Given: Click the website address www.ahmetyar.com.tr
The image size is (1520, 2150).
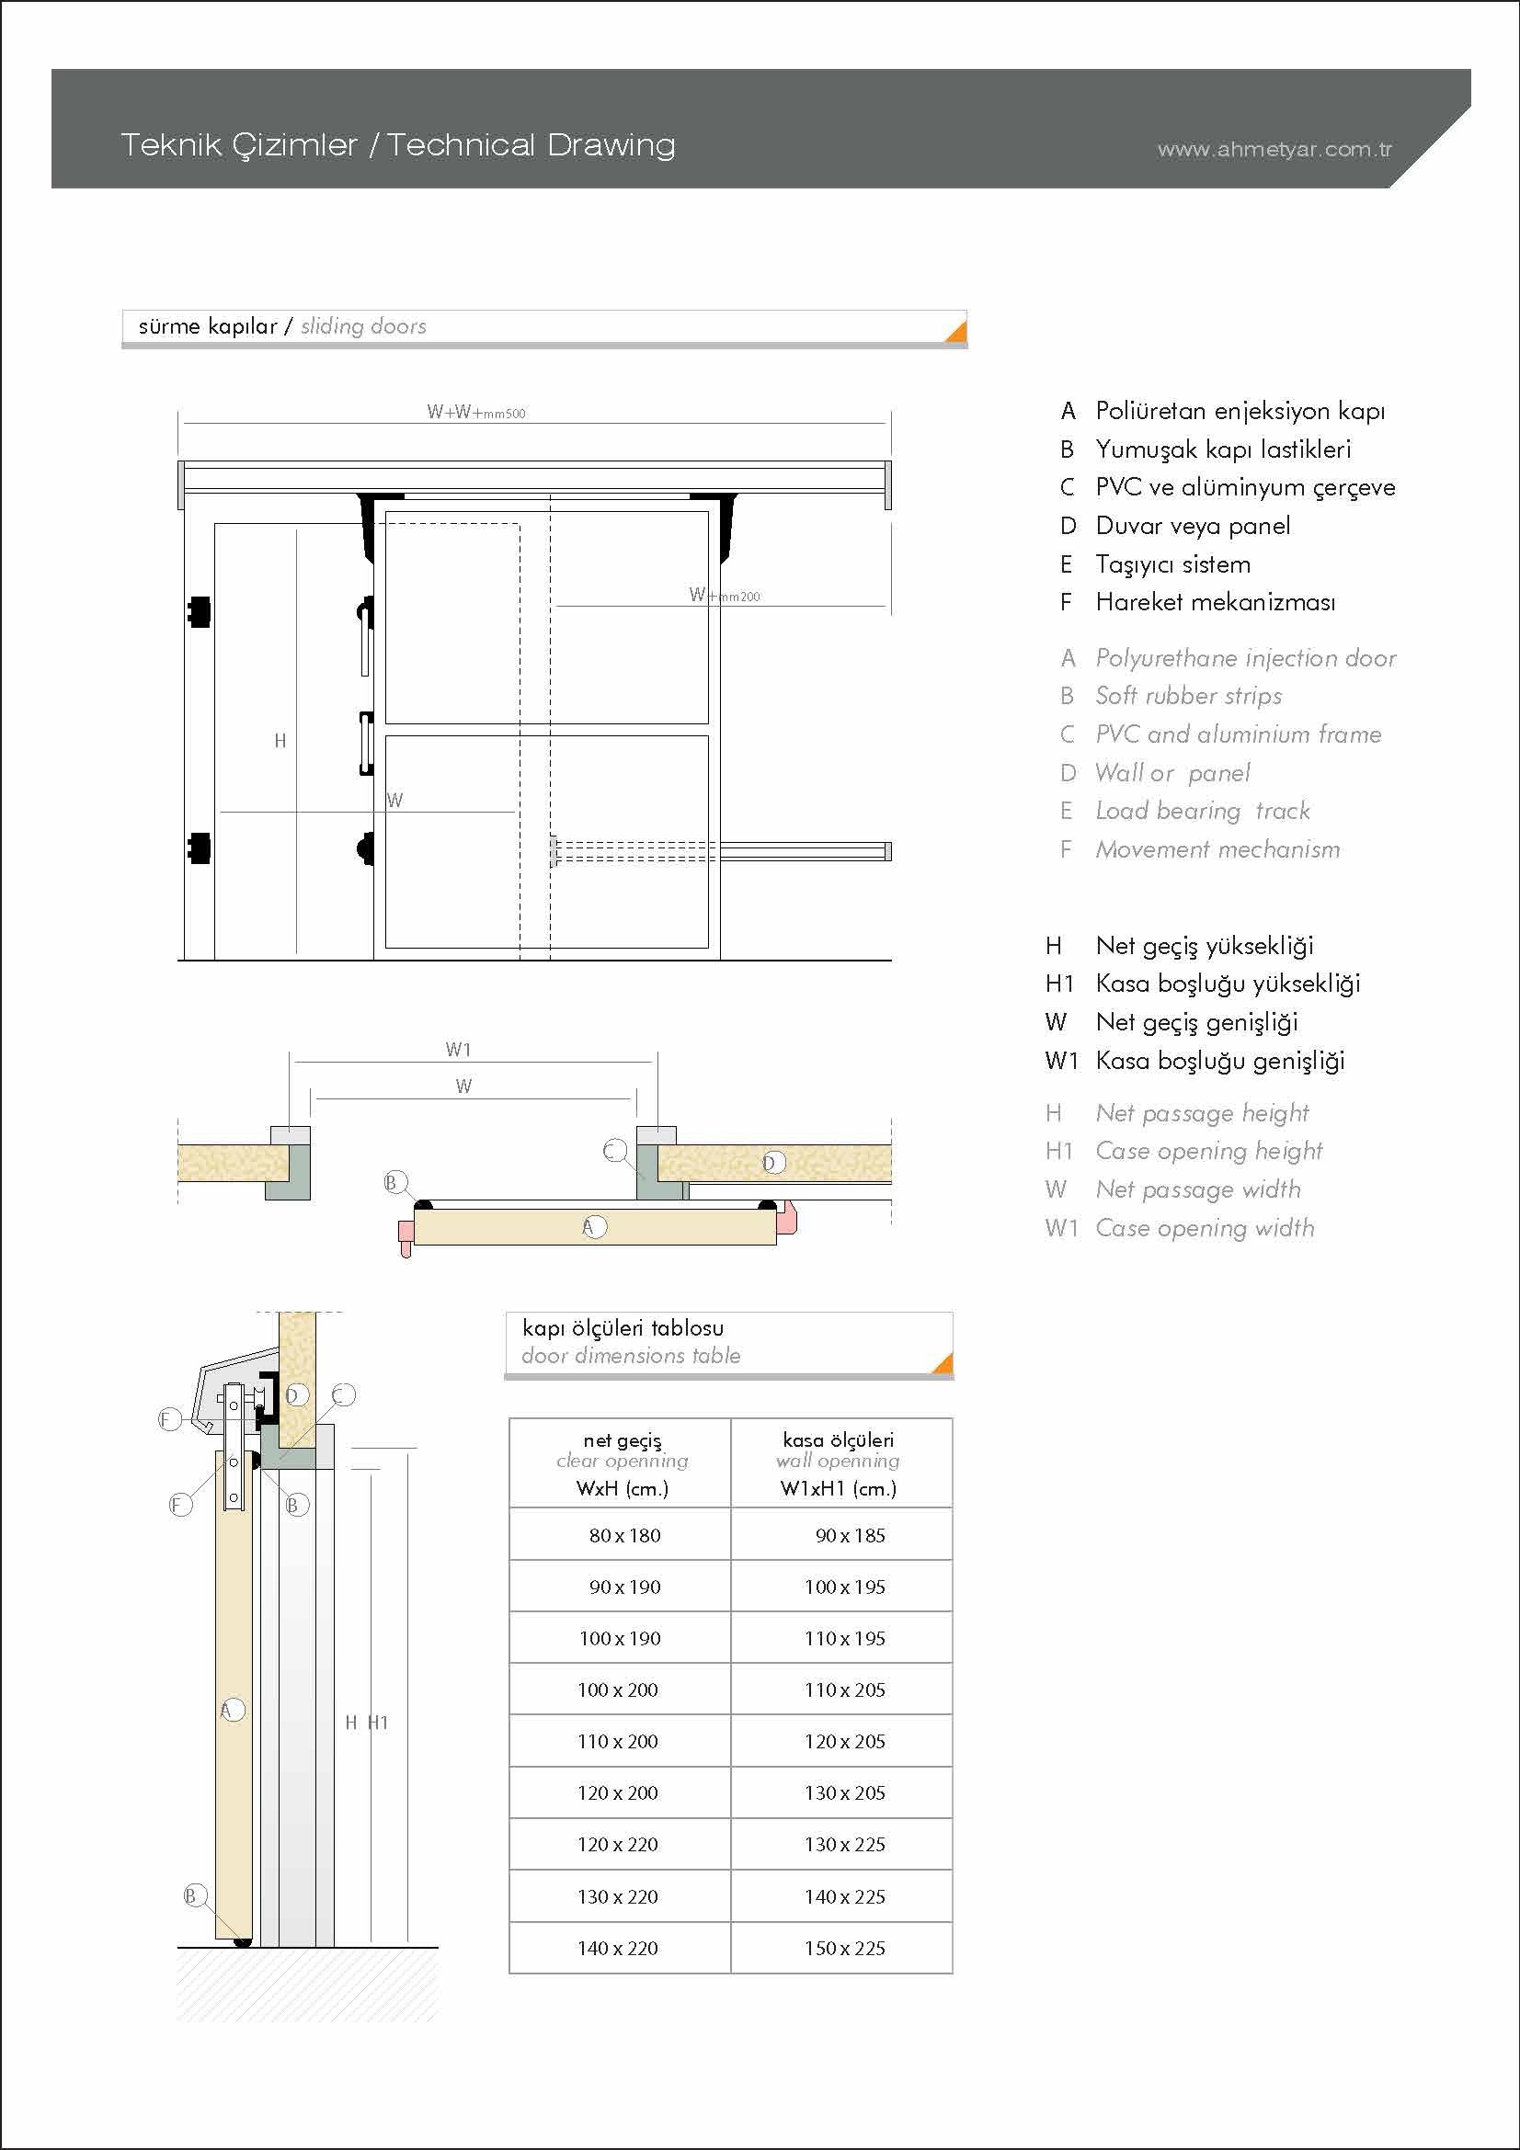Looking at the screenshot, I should click(x=1274, y=150).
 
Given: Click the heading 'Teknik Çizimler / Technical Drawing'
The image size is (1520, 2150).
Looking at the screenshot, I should click(x=398, y=145).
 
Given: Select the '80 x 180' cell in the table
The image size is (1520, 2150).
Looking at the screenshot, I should click(x=624, y=1536).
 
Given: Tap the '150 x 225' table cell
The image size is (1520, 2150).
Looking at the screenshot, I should click(x=844, y=1948).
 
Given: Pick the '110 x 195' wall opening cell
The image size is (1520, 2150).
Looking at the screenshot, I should click(x=844, y=1639).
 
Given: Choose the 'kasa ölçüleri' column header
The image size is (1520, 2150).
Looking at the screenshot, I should click(x=839, y=1440).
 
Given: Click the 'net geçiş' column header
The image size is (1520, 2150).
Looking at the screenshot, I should click(x=622, y=1440).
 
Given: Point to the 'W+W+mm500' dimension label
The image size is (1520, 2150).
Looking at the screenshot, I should click(x=475, y=412).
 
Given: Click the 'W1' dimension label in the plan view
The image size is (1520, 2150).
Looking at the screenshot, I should click(x=458, y=1050).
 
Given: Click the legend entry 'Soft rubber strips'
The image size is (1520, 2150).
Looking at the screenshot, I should click(x=1188, y=696).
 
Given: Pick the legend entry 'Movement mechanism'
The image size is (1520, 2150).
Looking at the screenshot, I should click(x=1217, y=849).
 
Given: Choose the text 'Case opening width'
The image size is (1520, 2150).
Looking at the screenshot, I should click(x=1205, y=1228).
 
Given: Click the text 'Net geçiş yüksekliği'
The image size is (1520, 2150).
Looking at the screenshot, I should click(x=1205, y=946).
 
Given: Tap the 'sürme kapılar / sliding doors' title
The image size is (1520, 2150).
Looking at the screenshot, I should click(x=282, y=327).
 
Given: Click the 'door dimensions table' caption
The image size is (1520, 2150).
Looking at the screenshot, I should click(x=630, y=1355).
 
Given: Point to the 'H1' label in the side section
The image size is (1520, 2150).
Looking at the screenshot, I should click(x=378, y=1722).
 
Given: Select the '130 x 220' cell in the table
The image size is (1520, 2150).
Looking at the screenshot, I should click(x=618, y=1896).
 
